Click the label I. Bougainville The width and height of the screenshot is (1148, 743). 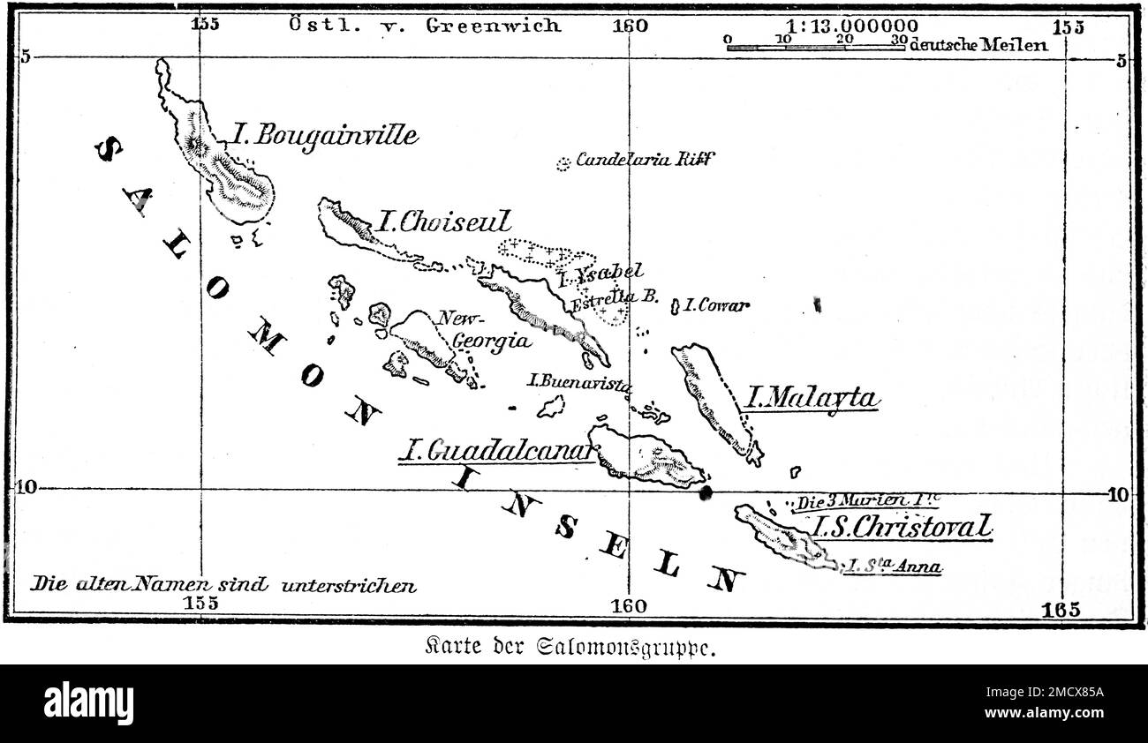(x=325, y=135)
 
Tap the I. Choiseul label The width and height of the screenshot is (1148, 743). (x=443, y=221)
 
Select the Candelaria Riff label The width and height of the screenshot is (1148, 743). (x=645, y=160)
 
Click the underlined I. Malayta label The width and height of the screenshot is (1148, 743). (x=812, y=398)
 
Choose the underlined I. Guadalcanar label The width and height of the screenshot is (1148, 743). (x=496, y=452)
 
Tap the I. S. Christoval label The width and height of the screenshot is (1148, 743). (x=901, y=527)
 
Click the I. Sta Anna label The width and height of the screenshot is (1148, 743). (x=892, y=567)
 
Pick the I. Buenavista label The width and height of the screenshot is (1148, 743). (x=579, y=382)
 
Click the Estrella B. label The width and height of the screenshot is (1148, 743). (x=615, y=298)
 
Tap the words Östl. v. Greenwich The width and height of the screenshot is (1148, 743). (x=425, y=25)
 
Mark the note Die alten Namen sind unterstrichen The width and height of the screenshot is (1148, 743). (x=223, y=584)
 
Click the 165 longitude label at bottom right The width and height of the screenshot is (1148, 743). (x=1060, y=609)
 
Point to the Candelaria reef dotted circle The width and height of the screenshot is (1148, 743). (x=563, y=164)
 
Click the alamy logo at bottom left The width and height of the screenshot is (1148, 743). (x=88, y=703)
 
